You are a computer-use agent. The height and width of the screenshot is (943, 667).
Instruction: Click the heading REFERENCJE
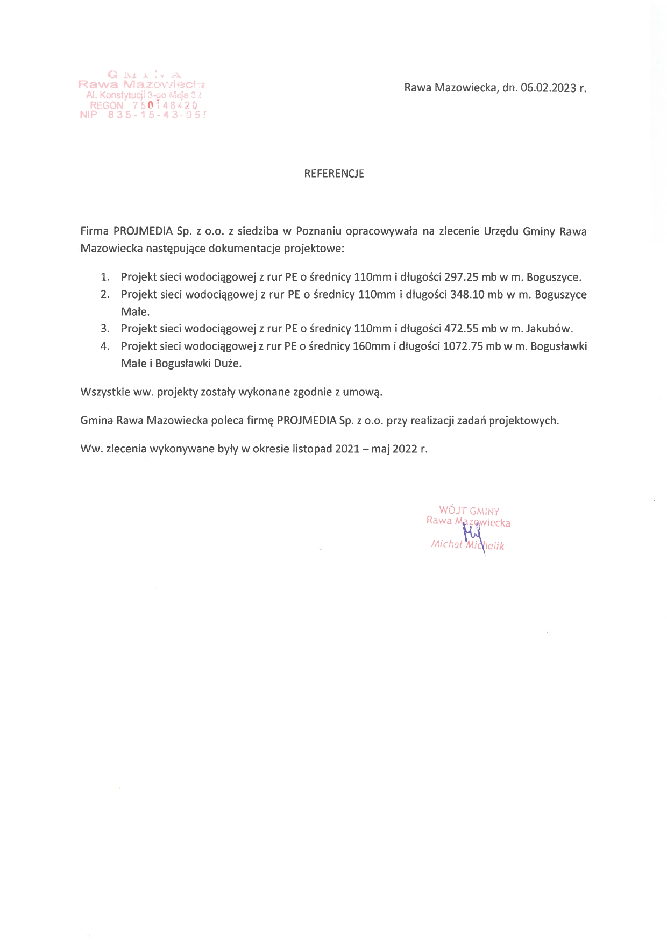(x=334, y=174)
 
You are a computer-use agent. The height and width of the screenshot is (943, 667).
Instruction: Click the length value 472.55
(x=462, y=329)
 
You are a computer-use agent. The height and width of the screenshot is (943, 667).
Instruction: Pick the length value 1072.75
(x=463, y=346)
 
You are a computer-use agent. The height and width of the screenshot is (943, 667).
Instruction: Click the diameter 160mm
(x=371, y=346)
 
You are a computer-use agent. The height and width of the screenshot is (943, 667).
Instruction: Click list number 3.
(x=105, y=329)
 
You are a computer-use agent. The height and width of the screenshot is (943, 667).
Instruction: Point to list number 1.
(x=105, y=278)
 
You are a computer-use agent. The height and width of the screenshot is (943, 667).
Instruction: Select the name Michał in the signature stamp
(x=446, y=544)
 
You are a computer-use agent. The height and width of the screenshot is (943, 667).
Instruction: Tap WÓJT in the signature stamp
(x=452, y=510)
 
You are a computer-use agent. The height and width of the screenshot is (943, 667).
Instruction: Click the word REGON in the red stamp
(x=107, y=105)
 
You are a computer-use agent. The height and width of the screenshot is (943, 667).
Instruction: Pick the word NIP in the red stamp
(x=88, y=115)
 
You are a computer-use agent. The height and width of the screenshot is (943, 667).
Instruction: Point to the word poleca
(x=227, y=421)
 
